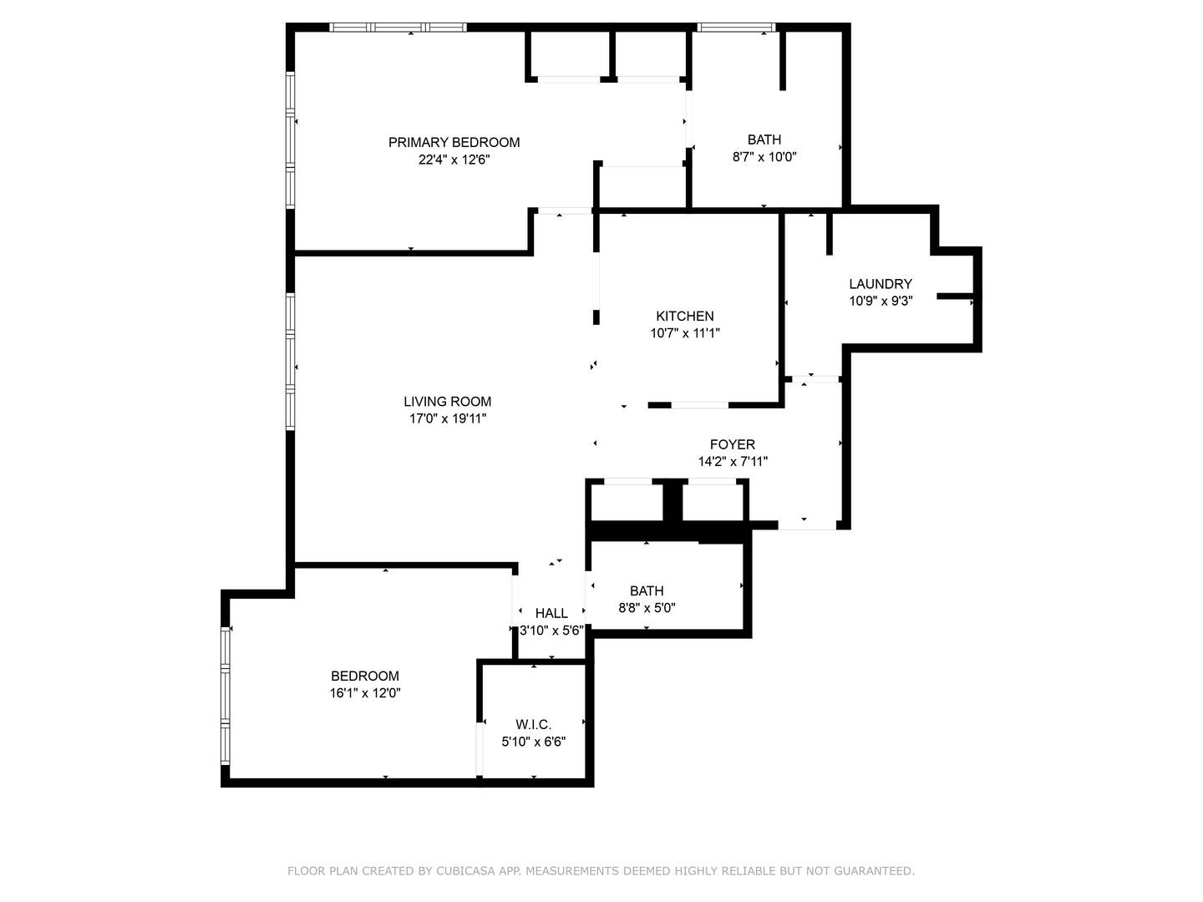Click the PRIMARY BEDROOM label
(x=454, y=142)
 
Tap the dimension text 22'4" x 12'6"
(x=454, y=160)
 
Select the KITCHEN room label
(x=684, y=316)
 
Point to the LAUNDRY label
(x=881, y=284)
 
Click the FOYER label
(x=732, y=444)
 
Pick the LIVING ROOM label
(x=447, y=402)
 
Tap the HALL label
(x=551, y=613)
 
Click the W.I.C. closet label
(x=533, y=725)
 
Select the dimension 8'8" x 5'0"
(x=647, y=608)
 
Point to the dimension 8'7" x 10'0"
(x=764, y=157)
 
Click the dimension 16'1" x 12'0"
(x=364, y=693)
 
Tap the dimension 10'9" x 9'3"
(x=881, y=301)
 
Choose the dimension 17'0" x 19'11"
(x=447, y=419)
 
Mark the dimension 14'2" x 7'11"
(x=732, y=462)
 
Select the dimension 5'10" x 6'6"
(x=533, y=742)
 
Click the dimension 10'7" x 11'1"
(x=684, y=333)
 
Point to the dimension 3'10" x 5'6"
(x=551, y=631)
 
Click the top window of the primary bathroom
(x=736, y=27)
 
